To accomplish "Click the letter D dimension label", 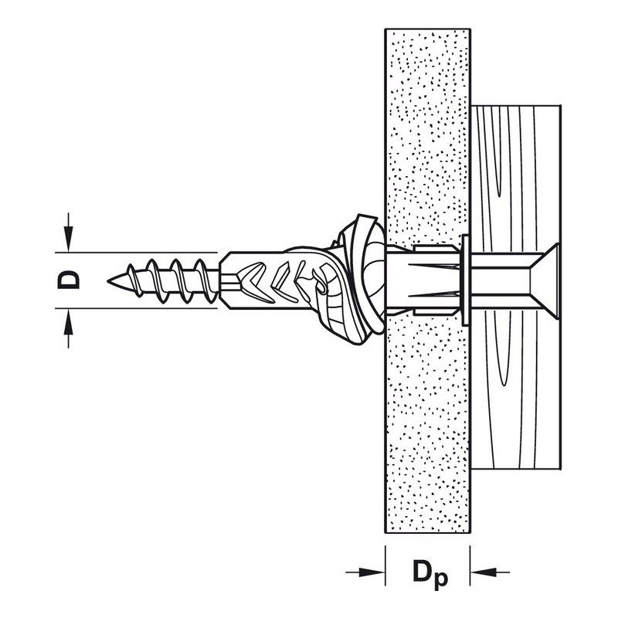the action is coord(69,280).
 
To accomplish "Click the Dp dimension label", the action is coord(430,573).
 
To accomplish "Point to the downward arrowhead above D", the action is coord(69,239).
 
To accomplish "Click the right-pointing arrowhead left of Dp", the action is coord(372,572).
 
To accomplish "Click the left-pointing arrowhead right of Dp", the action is coord(484,572).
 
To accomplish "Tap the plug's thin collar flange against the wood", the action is coord(466,280).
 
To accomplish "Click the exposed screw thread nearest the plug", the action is coord(205,280).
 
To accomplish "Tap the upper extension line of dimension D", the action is coord(136,252).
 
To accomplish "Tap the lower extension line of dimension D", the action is coord(136,308).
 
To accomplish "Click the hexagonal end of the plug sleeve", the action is coord(228,280).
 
